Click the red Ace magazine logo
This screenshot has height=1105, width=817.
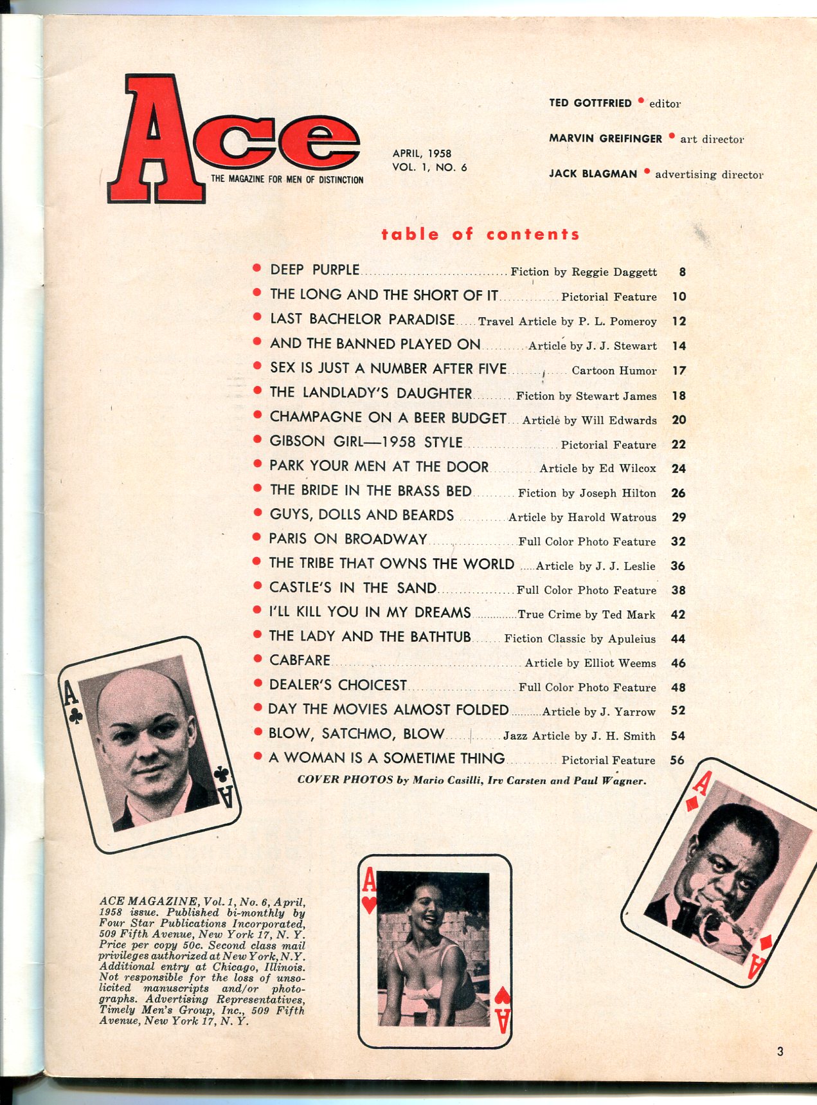(231, 138)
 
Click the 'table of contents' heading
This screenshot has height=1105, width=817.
(480, 234)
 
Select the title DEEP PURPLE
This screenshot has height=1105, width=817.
(314, 270)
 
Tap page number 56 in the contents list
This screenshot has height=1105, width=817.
(677, 760)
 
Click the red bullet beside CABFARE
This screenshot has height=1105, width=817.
(257, 659)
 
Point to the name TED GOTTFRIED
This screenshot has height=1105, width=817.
(590, 103)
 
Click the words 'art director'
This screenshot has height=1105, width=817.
(712, 139)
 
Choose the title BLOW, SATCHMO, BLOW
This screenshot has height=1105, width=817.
(356, 734)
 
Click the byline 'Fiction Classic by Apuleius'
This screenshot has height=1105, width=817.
(580, 639)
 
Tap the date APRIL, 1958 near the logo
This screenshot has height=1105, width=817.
(422, 153)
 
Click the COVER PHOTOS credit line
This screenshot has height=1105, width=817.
(471, 780)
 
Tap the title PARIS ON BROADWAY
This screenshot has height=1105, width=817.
(348, 539)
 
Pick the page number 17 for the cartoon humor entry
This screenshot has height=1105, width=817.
(679, 370)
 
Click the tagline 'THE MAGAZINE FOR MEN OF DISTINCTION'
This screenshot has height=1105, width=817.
(287, 179)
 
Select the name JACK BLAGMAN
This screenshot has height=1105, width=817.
(593, 174)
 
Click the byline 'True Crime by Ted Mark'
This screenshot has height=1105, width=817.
(586, 614)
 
